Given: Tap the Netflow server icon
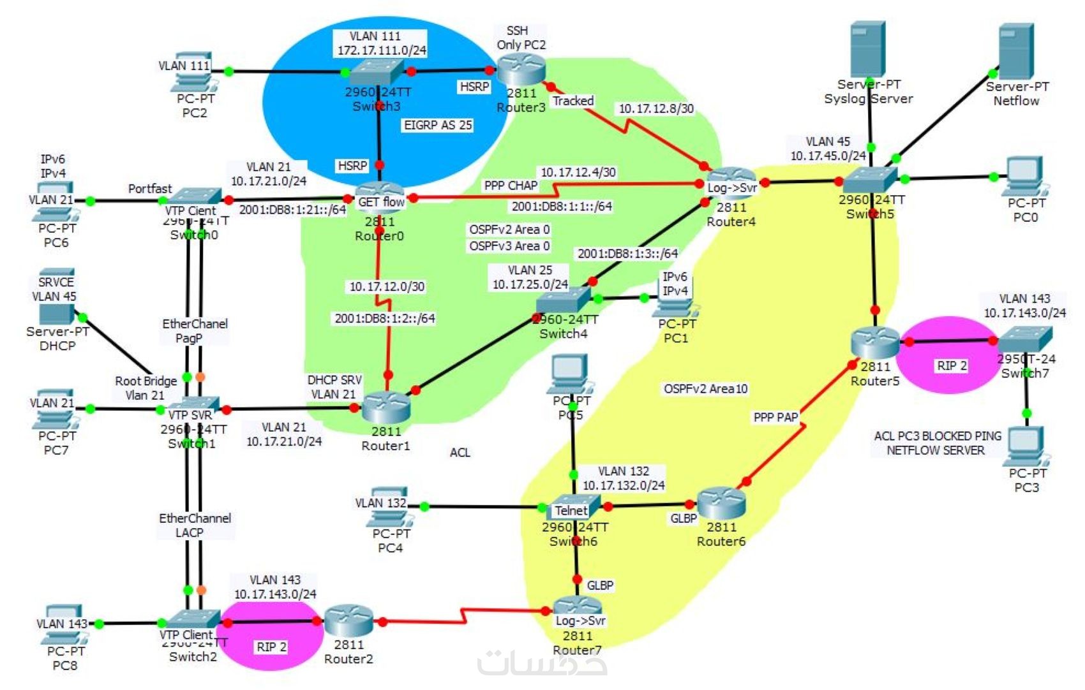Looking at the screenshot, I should pos(1015,52).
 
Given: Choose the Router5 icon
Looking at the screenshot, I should pos(875,342).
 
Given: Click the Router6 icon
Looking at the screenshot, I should pos(721,503).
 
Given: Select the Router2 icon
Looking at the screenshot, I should pos(348,620).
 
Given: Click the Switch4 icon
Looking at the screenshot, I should pos(563,300).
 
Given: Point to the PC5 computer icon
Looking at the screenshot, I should pos(570,373).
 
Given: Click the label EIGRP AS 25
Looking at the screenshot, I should pos(438,125).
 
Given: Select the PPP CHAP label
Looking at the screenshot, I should pos(511,186).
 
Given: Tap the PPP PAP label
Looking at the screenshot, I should pos(775,417).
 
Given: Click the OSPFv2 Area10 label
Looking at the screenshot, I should pos(705,389).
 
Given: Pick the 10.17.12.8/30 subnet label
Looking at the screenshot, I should pos(656,108).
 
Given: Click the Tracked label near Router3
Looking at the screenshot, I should pos(573,101).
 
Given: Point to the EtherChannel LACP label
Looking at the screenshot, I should pos(195,525).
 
